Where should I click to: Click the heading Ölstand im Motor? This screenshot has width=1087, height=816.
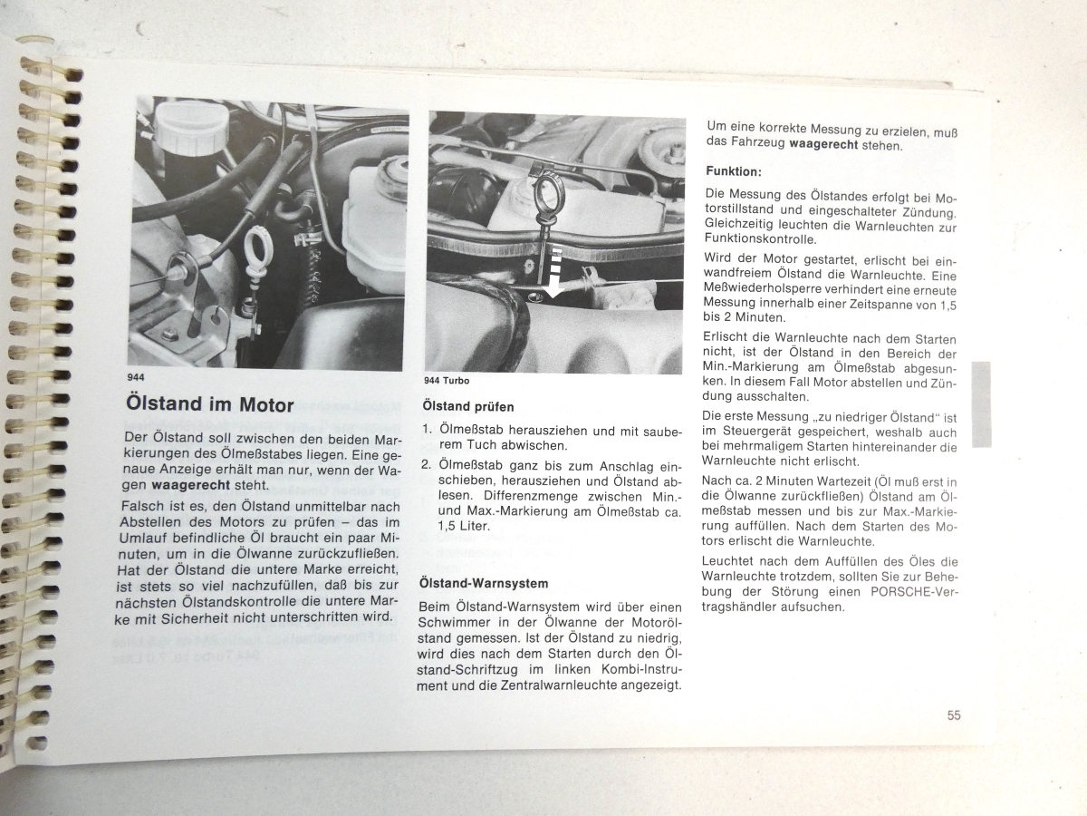tap(210, 404)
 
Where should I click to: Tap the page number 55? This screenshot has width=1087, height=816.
tap(954, 715)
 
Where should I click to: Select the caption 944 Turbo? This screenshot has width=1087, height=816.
tap(447, 381)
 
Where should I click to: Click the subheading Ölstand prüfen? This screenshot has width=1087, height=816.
tap(468, 407)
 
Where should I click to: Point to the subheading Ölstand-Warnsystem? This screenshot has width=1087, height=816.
tap(484, 583)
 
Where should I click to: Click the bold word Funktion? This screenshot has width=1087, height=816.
tap(734, 172)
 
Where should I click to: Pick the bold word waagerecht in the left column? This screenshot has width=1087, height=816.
tap(191, 484)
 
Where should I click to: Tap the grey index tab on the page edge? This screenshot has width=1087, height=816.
tap(982, 404)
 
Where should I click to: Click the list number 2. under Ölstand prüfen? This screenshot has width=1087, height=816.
tap(427, 465)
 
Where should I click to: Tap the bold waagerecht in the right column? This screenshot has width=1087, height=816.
tap(823, 145)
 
